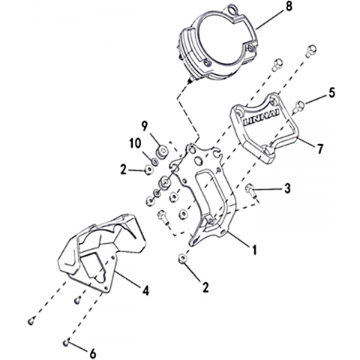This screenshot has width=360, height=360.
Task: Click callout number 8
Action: point(289,7)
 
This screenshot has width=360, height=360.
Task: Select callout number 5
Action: point(331,92)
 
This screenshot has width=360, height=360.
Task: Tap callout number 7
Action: point(320,148)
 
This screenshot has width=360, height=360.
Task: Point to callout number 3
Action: point(287,188)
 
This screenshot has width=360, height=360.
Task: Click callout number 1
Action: point(254,250)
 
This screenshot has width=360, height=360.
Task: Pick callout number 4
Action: point(145,291)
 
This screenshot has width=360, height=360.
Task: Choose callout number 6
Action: point(93,353)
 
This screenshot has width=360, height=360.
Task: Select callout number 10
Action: point(135,144)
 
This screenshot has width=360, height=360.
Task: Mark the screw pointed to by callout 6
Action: point(66,343)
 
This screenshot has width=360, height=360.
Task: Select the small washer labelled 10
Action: point(155,162)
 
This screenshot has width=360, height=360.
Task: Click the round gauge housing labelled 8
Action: point(218,43)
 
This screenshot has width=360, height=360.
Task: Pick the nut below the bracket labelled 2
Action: point(183,259)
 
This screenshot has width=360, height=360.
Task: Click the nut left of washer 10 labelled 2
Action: point(148,170)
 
